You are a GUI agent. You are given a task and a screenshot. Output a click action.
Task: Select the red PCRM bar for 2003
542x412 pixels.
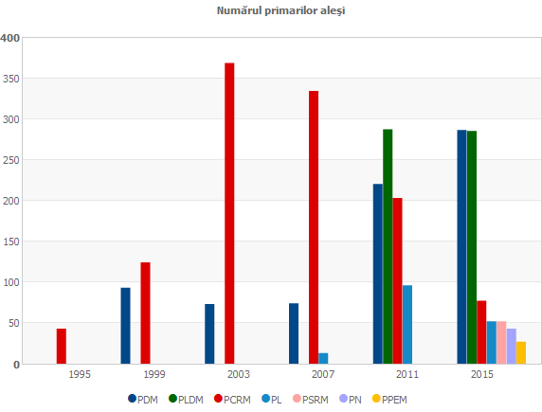click(x=229, y=213)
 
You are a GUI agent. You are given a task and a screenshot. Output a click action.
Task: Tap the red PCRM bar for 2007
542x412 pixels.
click(x=314, y=227)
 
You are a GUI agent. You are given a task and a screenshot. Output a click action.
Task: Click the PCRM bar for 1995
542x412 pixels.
click(x=61, y=346)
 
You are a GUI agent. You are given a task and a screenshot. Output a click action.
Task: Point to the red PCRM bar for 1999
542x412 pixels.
click(x=145, y=313)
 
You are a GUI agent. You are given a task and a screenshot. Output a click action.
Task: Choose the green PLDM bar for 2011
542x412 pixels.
click(x=388, y=246)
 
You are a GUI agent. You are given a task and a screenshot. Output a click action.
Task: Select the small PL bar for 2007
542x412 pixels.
click(x=323, y=358)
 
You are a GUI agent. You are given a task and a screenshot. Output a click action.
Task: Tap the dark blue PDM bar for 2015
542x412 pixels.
click(x=461, y=246)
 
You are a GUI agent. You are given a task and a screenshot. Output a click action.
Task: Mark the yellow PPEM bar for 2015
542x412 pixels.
click(x=521, y=352)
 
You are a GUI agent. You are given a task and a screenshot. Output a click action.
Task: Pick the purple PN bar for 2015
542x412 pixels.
click(x=512, y=346)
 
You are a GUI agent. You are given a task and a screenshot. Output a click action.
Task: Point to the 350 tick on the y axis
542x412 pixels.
click(x=11, y=79)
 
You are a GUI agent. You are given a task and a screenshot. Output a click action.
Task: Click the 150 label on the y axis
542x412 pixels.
click(x=11, y=242)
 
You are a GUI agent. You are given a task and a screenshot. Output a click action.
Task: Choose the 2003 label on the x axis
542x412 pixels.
click(x=239, y=375)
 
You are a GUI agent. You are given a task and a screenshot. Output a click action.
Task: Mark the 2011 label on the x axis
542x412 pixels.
click(x=407, y=375)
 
